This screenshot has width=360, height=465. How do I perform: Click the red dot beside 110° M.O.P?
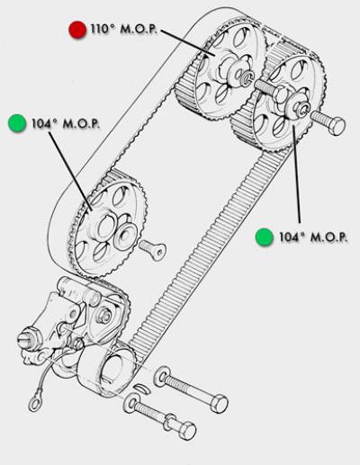(77, 30)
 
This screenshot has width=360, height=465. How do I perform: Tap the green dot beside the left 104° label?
(17, 123)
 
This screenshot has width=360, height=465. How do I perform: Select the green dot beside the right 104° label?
(265, 237)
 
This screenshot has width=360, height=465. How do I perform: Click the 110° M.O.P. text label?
(124, 30)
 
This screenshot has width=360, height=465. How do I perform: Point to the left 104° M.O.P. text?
(66, 123)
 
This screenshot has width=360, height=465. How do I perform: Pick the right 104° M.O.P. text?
(313, 237)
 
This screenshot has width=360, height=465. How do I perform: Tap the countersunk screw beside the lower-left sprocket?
(152, 249)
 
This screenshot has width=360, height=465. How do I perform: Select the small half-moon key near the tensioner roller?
(140, 389)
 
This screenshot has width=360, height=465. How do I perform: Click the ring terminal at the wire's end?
(35, 404)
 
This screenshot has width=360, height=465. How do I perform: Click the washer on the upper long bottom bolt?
(162, 376)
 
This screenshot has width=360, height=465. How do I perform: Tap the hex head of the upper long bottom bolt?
(219, 404)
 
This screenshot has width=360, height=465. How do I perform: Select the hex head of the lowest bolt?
(187, 431)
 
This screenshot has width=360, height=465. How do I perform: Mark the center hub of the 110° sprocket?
(237, 73)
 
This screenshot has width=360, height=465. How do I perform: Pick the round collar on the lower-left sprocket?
(125, 236)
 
